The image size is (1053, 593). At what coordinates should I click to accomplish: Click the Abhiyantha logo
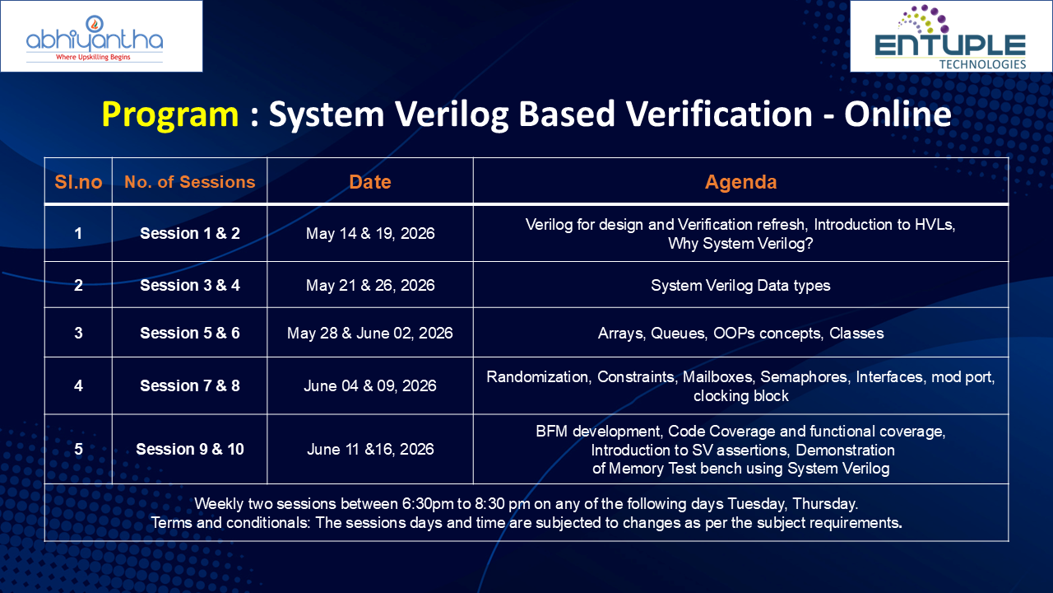(95, 39)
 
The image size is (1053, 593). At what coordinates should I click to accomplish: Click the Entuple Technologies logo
(950, 37)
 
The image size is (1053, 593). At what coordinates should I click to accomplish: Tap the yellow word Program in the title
(170, 114)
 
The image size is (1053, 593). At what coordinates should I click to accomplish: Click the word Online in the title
(898, 114)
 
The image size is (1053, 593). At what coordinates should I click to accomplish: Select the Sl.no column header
(78, 182)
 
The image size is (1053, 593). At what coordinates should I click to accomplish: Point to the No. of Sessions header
(190, 182)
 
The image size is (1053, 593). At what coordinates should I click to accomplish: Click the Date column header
(370, 182)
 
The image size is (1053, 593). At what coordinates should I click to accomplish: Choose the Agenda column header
(741, 182)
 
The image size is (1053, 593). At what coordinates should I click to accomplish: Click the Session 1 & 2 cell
(190, 233)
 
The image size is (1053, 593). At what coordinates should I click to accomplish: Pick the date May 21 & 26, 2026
(370, 285)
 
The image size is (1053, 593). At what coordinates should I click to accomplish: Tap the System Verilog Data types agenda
(741, 285)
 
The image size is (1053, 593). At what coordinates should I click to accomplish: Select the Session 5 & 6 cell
(190, 334)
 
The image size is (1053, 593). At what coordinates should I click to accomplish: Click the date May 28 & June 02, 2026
(370, 334)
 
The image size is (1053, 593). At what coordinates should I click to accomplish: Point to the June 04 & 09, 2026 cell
(370, 386)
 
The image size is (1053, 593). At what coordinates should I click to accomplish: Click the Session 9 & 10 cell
(190, 449)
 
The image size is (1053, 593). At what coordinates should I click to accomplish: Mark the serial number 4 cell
(78, 386)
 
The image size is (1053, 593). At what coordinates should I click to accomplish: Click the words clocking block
(741, 396)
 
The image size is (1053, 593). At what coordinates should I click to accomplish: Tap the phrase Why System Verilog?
(741, 243)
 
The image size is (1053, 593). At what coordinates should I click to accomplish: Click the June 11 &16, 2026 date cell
(370, 450)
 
